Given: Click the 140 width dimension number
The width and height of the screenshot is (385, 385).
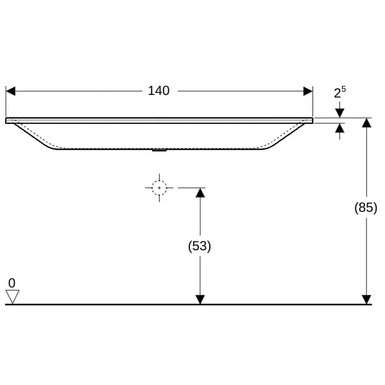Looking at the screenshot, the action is click(158, 91).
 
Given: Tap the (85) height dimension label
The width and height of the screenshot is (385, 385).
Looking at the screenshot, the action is click(366, 208).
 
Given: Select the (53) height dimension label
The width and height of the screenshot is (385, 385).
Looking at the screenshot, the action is click(200, 246).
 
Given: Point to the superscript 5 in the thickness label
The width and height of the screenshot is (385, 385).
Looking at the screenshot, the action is click(343, 89).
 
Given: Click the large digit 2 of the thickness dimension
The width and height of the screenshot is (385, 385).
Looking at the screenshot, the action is click(338, 94).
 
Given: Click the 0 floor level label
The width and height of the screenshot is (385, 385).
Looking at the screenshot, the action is click(12, 283).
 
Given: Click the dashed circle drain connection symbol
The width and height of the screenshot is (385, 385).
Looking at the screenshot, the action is click(159, 188).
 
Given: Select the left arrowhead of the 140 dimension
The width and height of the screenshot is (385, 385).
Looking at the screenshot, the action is click(10, 91).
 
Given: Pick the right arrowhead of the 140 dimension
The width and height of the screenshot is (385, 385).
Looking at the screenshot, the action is click(308, 91).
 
